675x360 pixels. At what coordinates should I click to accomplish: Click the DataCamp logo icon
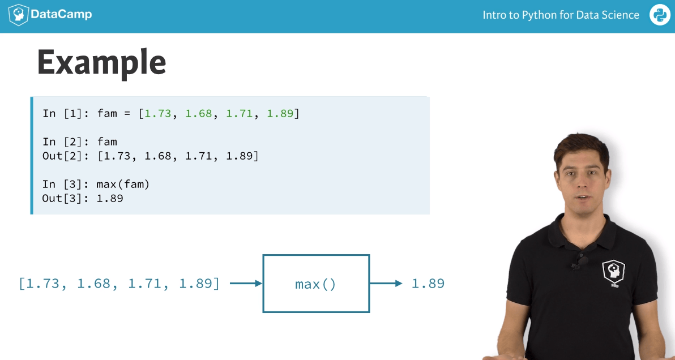(x=19, y=15)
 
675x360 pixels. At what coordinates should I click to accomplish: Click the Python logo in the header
(x=660, y=15)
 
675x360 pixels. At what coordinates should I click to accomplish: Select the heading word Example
(x=101, y=63)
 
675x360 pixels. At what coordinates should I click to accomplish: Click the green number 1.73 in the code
(x=158, y=114)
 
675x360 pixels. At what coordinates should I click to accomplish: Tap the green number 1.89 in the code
(x=280, y=114)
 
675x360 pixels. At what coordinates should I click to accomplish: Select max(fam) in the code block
(x=123, y=185)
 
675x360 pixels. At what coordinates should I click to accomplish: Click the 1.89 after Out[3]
(x=110, y=198)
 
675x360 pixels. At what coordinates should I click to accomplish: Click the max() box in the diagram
(x=316, y=284)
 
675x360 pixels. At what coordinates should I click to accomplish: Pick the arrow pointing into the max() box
(x=246, y=284)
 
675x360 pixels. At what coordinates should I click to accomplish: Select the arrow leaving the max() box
(x=386, y=284)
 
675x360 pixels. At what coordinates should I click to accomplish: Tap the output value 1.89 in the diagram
(x=428, y=284)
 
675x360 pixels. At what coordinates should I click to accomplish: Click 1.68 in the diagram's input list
(x=93, y=284)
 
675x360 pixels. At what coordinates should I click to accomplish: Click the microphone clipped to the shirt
(x=582, y=261)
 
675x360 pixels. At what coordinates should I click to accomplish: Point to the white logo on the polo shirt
(x=613, y=272)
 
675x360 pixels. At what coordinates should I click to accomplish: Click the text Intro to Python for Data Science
(x=561, y=15)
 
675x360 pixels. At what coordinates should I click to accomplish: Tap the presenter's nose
(x=583, y=183)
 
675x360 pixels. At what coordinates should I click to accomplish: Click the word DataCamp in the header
(x=61, y=15)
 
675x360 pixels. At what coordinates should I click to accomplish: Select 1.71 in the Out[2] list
(x=199, y=156)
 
